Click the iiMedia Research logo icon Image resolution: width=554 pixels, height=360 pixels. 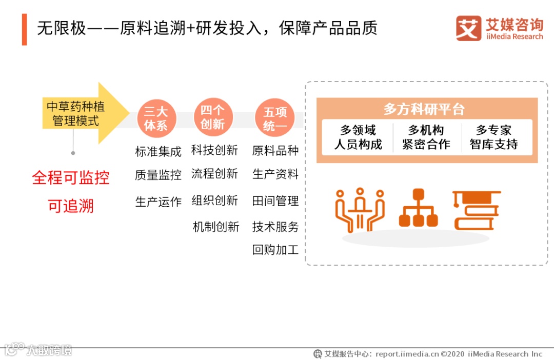[x=468, y=28]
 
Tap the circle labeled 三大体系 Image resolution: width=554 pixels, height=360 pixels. [x=156, y=118]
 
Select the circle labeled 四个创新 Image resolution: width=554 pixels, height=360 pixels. [x=213, y=117]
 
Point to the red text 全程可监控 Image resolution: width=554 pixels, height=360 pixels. [x=71, y=178]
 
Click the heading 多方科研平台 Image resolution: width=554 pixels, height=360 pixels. [x=424, y=109]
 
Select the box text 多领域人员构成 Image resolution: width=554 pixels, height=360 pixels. [x=359, y=137]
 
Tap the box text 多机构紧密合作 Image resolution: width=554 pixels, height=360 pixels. [x=426, y=137]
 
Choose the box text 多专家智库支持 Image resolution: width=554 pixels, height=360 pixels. [x=493, y=137]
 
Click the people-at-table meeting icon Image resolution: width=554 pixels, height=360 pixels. [x=360, y=210]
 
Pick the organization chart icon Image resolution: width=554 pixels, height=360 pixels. [x=418, y=209]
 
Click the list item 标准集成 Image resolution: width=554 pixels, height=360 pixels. [x=158, y=152]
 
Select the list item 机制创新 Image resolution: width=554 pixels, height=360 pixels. [x=216, y=227]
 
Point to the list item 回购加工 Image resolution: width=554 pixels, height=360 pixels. [x=275, y=250]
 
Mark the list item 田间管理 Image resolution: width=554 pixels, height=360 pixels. [x=275, y=201]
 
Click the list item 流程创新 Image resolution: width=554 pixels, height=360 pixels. [x=214, y=174]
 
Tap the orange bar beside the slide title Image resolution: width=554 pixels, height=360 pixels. [x=24, y=29]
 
